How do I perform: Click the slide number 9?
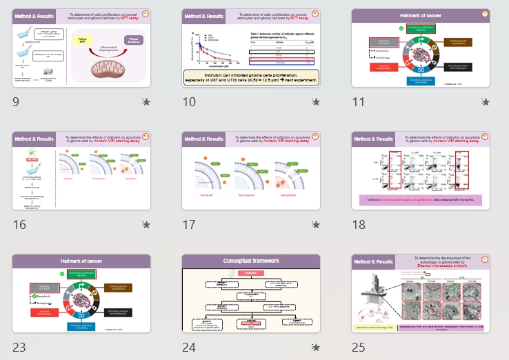pos(17,102)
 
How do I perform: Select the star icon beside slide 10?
pos(315,102)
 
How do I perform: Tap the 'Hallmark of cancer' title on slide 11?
pos(421,14)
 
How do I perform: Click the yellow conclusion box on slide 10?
pos(251,77)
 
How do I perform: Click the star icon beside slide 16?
pos(146,224)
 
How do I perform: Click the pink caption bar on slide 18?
pos(420,200)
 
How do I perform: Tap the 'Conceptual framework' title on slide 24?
pos(251,261)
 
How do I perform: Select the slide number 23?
pos(19,347)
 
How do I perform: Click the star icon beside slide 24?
pos(315,347)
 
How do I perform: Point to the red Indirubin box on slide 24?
pos(251,273)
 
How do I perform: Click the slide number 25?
pos(359,347)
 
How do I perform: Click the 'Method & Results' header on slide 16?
pos(33,139)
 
